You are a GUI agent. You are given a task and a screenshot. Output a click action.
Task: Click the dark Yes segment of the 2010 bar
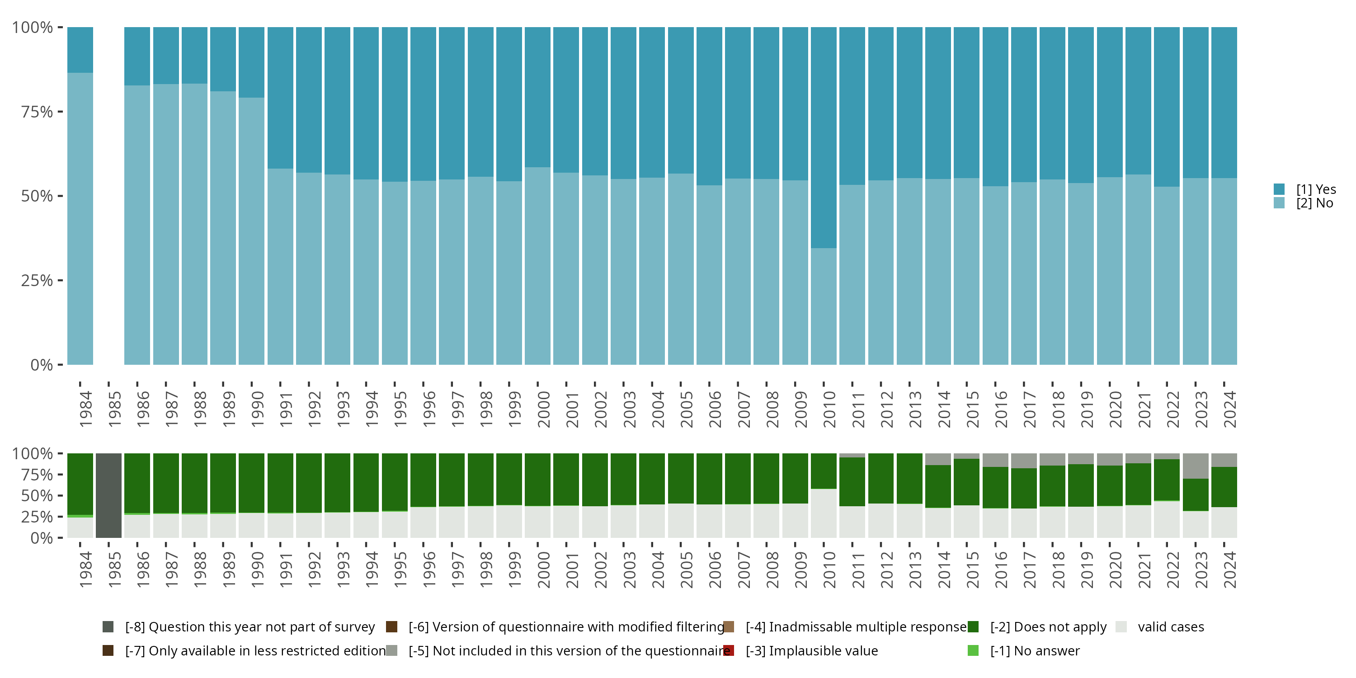coord(823,137)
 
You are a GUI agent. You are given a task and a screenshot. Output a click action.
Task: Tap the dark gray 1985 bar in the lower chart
coord(108,495)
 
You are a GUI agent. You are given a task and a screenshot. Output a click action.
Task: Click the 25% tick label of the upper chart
coord(37,281)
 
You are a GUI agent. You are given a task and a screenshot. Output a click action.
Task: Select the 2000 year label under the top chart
coord(543,409)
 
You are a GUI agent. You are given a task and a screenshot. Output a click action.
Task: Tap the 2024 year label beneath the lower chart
coord(1229,570)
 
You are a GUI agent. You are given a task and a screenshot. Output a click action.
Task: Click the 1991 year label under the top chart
coord(286,409)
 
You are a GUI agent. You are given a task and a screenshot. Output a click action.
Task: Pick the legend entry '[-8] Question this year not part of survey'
coord(239,627)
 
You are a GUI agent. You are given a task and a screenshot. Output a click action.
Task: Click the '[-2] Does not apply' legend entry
coord(1037,627)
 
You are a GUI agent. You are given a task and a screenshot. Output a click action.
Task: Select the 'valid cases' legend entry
coord(1160,627)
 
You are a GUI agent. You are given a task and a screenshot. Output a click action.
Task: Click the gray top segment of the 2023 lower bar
coord(1196,466)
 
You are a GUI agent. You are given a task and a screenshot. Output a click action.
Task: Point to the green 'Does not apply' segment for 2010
coord(823,471)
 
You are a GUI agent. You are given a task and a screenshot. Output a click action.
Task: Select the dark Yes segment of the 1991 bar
coord(280,97)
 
